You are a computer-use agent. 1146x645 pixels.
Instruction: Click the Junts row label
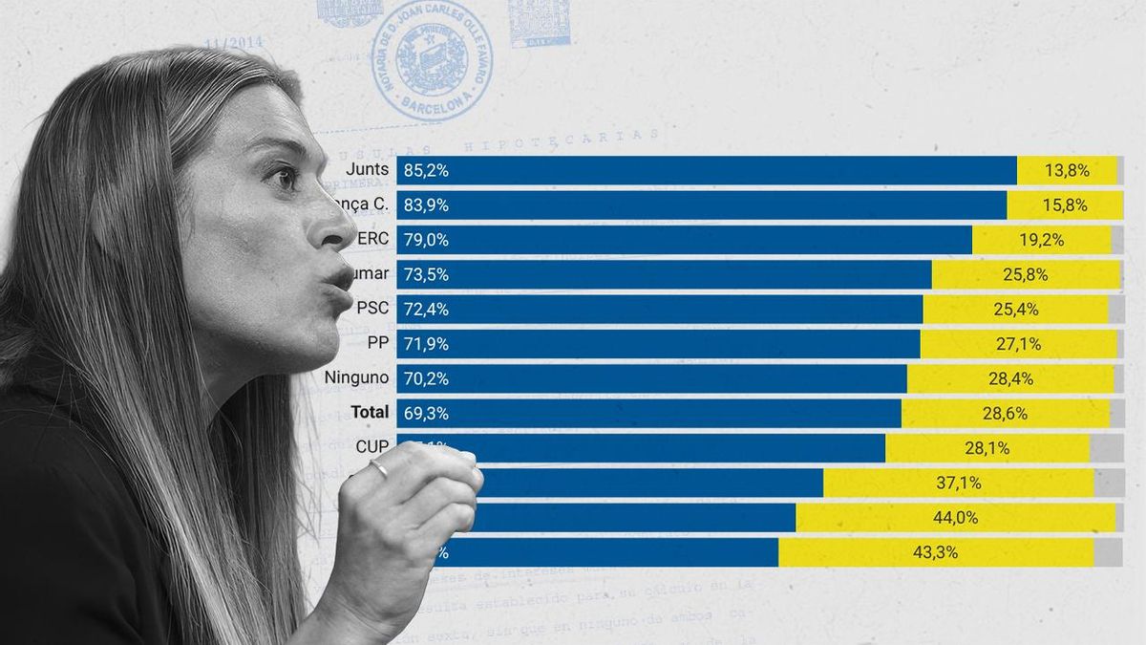point(369,170)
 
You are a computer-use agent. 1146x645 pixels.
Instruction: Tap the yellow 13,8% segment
point(1067,171)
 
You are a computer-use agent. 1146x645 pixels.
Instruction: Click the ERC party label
point(372,239)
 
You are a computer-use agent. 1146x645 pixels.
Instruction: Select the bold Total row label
point(370,412)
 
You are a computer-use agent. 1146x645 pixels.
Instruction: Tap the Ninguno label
point(356,377)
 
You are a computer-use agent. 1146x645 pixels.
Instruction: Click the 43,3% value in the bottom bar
point(937,552)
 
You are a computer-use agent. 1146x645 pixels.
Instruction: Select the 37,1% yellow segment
point(958,483)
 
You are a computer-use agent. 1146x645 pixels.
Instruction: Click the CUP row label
point(371,446)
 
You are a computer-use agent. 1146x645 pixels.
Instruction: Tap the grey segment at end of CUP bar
point(1107,448)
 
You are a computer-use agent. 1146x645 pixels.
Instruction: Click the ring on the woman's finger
point(379,468)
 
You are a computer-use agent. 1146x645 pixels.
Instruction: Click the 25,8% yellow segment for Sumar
point(1026,274)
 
